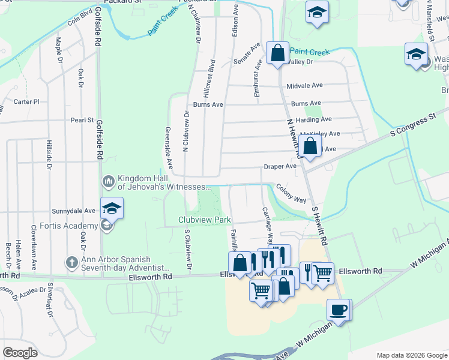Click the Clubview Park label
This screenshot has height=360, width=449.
click(205, 220)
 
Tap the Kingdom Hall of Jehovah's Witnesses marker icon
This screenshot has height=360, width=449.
click(108, 181)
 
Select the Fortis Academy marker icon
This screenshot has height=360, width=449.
click(106, 226)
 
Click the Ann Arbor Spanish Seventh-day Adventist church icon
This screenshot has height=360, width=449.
click(71, 262)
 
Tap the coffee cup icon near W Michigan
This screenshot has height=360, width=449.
click(338, 310)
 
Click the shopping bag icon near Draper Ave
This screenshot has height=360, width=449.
click(310, 146)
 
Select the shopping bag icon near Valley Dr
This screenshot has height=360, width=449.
click(278, 53)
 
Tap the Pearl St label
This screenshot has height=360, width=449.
click(83, 120)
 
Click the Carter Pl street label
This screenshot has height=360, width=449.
click(26, 102)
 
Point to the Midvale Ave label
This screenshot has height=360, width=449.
click(305, 86)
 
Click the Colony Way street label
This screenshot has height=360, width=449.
click(291, 193)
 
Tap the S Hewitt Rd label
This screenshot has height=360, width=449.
click(319, 225)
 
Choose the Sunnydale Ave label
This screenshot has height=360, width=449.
click(74, 211)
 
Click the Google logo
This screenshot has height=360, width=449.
click(20, 352)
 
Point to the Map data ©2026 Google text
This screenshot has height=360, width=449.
click(411, 355)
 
